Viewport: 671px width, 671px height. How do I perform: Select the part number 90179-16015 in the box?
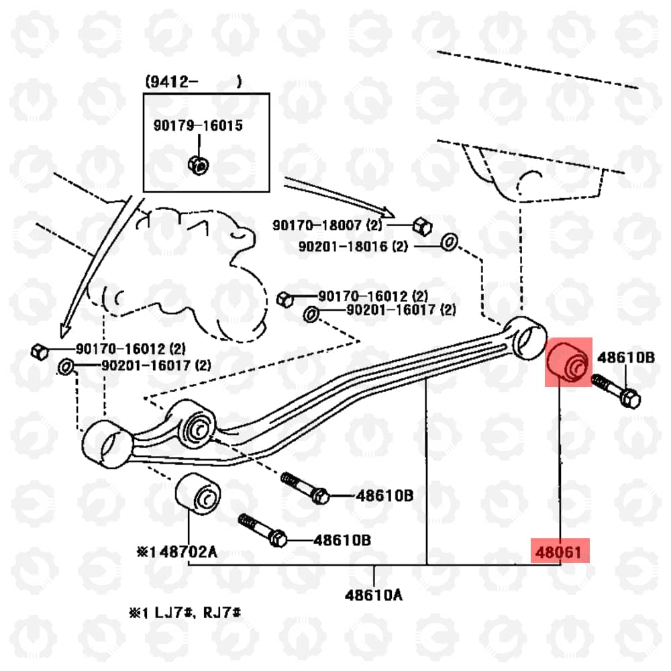198,125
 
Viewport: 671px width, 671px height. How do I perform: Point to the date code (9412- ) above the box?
193,81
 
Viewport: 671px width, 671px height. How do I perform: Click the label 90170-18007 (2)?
327,225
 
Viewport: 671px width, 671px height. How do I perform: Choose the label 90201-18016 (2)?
353,246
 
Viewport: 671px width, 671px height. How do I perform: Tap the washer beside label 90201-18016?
449,242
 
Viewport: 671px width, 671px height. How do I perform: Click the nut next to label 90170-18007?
422,226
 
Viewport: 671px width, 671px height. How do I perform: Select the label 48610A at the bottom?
374,595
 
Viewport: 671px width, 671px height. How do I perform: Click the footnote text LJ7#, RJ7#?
197,613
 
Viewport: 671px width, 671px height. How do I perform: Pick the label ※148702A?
176,552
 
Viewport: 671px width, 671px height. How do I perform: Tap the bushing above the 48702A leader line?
198,494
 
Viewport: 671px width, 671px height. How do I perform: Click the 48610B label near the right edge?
625,358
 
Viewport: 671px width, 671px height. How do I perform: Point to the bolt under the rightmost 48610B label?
616,391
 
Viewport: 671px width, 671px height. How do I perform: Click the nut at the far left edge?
40,352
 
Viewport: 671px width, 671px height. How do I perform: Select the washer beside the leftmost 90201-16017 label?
66,367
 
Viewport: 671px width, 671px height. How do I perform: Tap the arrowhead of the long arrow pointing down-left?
64,331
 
